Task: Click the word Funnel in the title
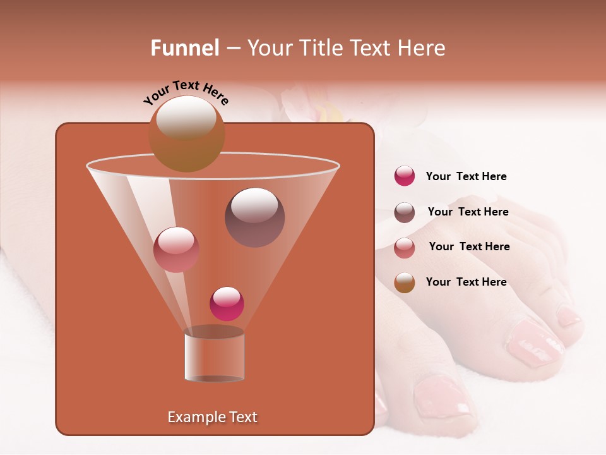pos(185,48)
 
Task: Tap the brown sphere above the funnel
pos(186,133)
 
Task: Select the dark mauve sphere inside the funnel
pos(254,217)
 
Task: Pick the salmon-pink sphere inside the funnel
pos(176,249)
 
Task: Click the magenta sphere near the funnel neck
pos(227,303)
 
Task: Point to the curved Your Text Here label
pos(186,92)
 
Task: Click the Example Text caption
pos(213,417)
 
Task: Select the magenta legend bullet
pos(405,176)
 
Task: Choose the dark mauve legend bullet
pos(405,212)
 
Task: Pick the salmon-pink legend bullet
pos(405,248)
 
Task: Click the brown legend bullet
pos(405,282)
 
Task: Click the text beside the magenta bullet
pos(466,176)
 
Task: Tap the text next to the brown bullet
pos(466,282)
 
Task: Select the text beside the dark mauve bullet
pos(468,212)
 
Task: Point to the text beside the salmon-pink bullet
pos(469,246)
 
